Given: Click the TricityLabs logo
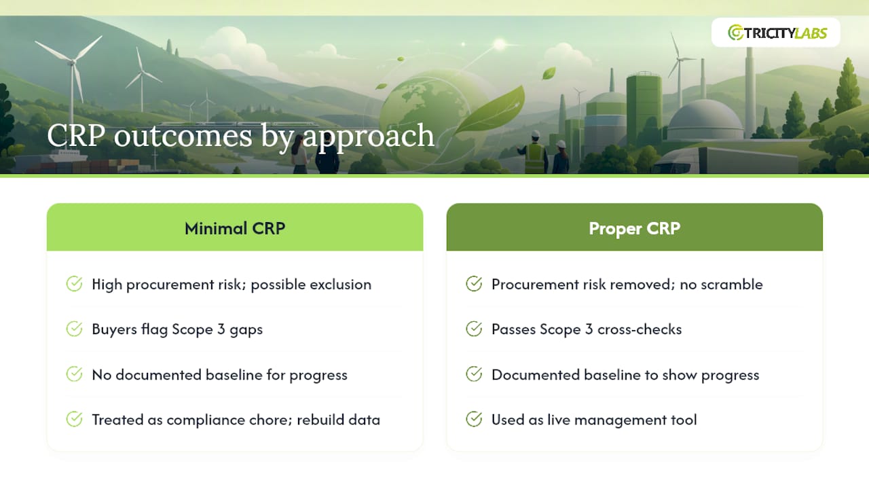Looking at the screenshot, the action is (x=777, y=33).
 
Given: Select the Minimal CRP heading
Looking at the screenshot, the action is (x=235, y=228).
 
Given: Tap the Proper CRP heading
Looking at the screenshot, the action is (x=634, y=228).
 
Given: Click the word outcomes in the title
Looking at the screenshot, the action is (x=183, y=136).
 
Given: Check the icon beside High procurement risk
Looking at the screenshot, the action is (x=74, y=284).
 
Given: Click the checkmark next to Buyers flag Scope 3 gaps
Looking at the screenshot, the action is (x=74, y=329).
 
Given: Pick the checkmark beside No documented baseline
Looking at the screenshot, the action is (x=74, y=374).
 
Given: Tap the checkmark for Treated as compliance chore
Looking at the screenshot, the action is (x=74, y=419).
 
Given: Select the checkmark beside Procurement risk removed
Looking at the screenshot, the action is (x=474, y=284).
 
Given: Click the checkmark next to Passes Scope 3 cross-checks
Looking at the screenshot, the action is (x=474, y=329).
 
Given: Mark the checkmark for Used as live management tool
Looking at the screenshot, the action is (x=474, y=419).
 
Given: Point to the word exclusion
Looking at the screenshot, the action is (x=340, y=285).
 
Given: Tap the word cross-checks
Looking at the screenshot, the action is (x=640, y=329).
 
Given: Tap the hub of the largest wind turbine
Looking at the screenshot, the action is (x=72, y=62).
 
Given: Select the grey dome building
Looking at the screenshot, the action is (x=705, y=120).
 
